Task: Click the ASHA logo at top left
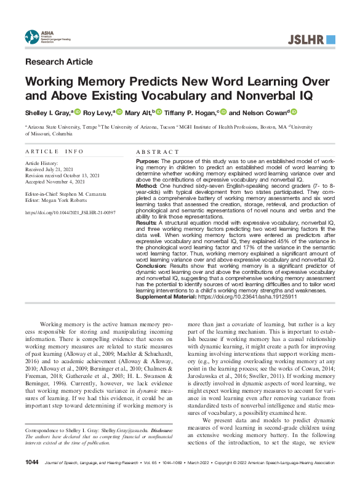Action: [41, 37]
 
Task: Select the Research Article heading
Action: [59, 62]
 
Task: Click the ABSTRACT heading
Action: [154, 151]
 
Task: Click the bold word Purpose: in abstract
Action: [147, 160]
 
